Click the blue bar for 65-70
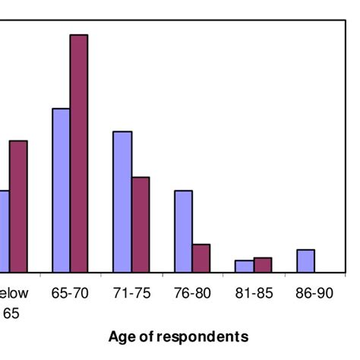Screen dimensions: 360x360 [x=61, y=190]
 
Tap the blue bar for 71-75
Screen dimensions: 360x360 [x=122, y=201]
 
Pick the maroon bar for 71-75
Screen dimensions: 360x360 [x=141, y=224]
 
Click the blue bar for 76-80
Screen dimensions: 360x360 [x=183, y=231]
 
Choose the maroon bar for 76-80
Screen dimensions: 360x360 [x=201, y=257]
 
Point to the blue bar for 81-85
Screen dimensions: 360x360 [x=245, y=266]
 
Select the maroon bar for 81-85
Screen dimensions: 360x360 [x=263, y=264]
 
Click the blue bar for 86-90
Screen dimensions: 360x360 [x=305, y=261]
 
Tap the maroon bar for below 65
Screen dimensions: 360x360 [x=18, y=206]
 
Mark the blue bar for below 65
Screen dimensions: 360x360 [x=4, y=231]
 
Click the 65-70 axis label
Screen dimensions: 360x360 [x=70, y=292]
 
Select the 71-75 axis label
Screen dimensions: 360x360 [x=131, y=292]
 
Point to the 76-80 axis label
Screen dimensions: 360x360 [x=193, y=292]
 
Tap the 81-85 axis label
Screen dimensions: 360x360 [x=254, y=292]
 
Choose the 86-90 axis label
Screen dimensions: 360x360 [x=314, y=292]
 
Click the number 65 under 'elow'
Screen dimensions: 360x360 [x=13, y=311]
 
